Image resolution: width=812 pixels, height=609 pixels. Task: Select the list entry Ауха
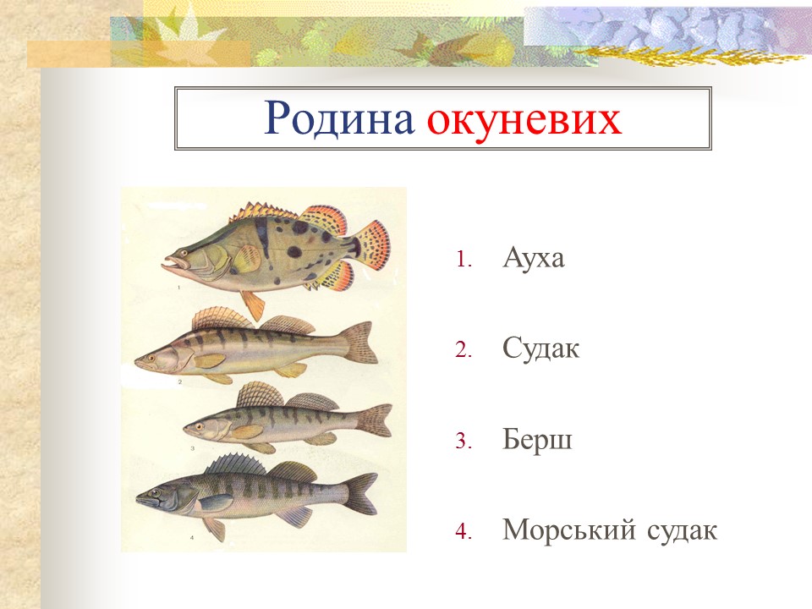(533, 257)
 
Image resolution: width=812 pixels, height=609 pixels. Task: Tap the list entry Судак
(540, 348)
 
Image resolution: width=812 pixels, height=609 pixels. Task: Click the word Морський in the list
(570, 530)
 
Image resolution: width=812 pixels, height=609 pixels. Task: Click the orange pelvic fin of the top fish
(251, 304)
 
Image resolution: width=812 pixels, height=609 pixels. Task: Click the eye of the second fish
(152, 357)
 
